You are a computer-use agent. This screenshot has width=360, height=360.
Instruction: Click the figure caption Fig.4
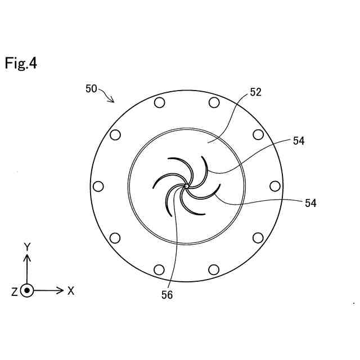(x=21, y=63)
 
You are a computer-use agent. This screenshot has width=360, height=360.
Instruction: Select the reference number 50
(x=91, y=88)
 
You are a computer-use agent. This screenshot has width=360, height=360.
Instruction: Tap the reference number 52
(x=255, y=93)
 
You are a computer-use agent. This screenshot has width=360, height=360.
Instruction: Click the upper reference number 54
(x=298, y=142)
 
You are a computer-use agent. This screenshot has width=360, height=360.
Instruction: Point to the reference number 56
(x=167, y=295)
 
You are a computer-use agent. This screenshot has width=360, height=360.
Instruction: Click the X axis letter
(x=71, y=291)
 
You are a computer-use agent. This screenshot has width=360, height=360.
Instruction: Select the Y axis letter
(x=26, y=246)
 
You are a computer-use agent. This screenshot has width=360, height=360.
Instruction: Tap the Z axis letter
(x=14, y=291)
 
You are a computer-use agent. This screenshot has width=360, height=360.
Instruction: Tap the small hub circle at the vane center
(x=186, y=186)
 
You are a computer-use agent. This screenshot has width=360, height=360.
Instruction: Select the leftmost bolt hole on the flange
(x=98, y=186)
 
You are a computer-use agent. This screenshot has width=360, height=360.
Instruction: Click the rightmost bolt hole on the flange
(x=275, y=186)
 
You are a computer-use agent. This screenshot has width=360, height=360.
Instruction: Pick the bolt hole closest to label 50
(x=159, y=102)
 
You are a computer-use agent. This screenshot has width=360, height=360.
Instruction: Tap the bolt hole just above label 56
(x=159, y=269)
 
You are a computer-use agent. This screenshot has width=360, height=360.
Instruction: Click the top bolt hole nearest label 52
(x=214, y=102)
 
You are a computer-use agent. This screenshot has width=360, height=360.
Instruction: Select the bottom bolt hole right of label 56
(x=214, y=269)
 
